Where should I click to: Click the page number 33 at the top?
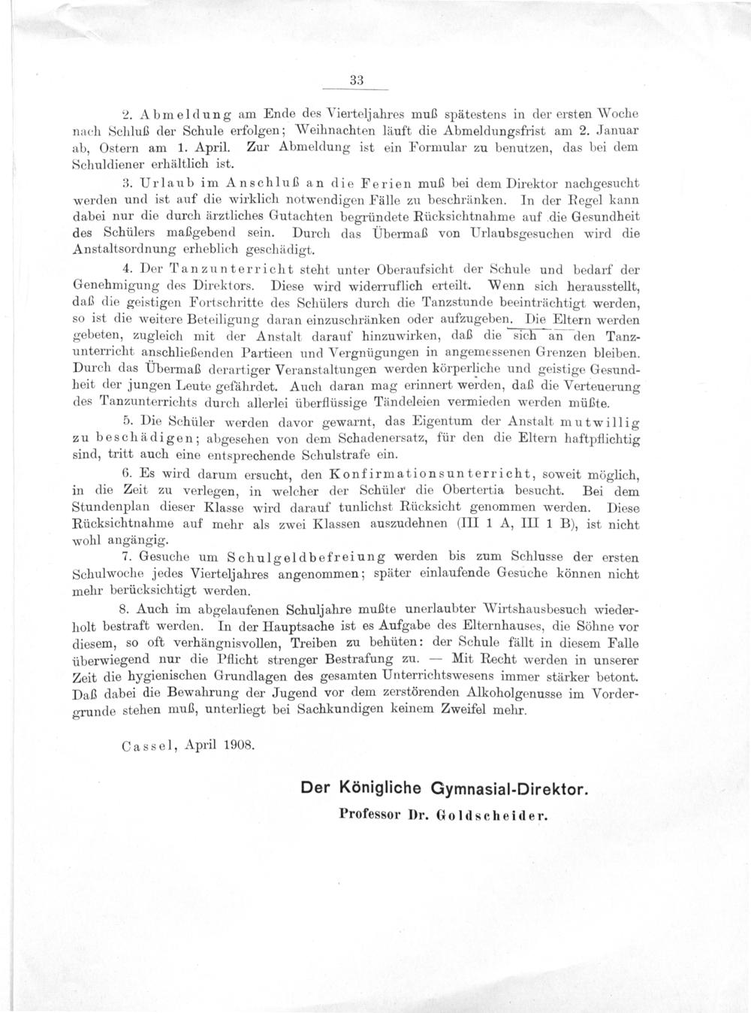pos(357,80)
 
